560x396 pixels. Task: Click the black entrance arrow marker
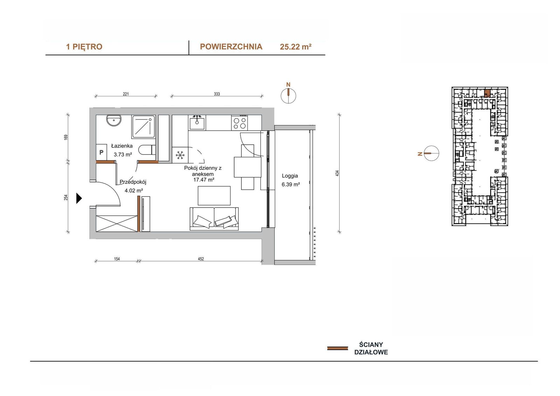[79, 199]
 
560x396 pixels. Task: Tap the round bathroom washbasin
[114, 120]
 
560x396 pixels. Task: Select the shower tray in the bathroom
[143, 126]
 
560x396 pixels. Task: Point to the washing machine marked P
[101, 152]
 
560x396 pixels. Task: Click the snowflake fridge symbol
[180, 155]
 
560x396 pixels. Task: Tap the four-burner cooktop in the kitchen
[239, 123]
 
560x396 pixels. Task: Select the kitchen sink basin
[197, 124]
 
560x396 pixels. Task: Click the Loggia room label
[290, 176]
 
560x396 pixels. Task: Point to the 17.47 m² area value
[204, 180]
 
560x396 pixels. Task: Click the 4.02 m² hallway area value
[134, 190]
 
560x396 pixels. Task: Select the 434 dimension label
[337, 173]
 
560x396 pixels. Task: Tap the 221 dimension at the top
[126, 94]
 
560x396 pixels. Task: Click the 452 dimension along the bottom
[201, 259]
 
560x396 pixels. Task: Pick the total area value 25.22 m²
[295, 47]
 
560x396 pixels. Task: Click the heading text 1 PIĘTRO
[84, 47]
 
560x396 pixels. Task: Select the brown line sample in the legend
[337, 348]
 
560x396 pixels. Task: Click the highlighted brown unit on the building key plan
[486, 93]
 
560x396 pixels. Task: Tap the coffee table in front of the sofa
[214, 196]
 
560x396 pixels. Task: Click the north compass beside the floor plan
[288, 96]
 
